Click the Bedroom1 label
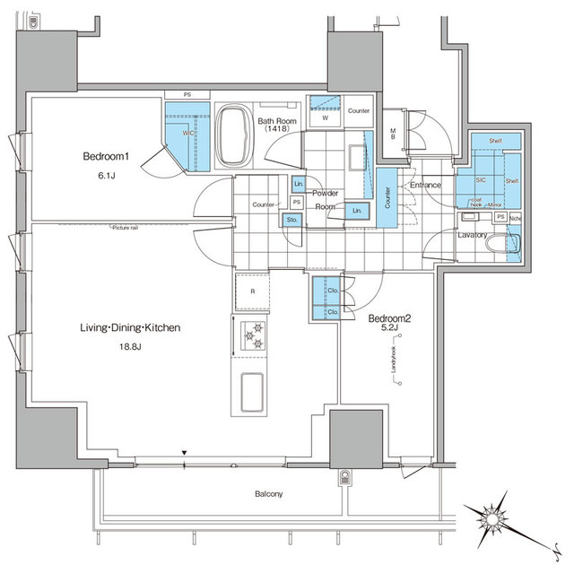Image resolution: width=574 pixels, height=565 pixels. click(x=107, y=156)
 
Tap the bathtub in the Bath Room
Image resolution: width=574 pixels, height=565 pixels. click(x=235, y=137)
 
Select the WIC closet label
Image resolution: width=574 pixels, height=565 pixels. click(x=188, y=134)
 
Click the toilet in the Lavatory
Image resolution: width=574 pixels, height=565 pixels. click(x=497, y=242)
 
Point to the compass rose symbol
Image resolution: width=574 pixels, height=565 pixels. click(x=491, y=518)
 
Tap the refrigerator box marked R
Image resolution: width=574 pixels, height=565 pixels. click(x=253, y=291)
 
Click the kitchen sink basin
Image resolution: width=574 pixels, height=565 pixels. click(x=251, y=393)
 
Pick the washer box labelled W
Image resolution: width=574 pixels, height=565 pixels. click(x=324, y=117)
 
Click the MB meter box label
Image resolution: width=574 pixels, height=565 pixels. click(x=394, y=135)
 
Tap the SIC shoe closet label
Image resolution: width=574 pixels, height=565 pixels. click(x=481, y=179)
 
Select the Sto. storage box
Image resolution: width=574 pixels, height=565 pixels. click(x=291, y=219)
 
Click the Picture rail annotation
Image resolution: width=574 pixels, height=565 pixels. click(x=126, y=228)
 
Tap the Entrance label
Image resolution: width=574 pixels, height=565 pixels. click(x=426, y=186)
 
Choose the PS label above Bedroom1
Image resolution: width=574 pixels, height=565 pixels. click(x=187, y=94)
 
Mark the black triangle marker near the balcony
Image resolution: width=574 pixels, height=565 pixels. click(x=184, y=454)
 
